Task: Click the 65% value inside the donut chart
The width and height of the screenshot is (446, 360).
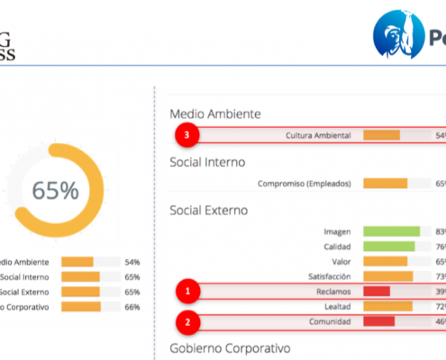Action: click(55, 191)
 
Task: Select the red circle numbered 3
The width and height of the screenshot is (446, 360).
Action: click(187, 135)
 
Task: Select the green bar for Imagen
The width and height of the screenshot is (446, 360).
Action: click(391, 231)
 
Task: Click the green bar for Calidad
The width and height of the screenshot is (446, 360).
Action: click(388, 247)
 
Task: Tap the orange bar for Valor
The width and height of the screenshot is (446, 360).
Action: click(385, 261)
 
